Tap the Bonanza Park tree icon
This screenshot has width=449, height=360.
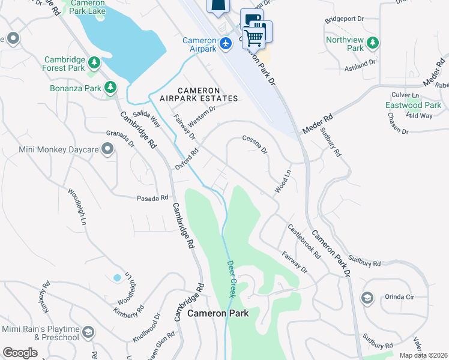(x=110, y=88)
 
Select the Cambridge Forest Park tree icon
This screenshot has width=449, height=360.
(x=94, y=62)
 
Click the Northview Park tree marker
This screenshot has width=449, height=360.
(x=373, y=43)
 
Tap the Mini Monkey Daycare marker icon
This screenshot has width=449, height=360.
(x=107, y=149)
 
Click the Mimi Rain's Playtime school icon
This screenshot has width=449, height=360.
(x=88, y=332)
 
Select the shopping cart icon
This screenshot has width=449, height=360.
(x=255, y=37)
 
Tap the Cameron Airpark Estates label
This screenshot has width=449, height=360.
(x=199, y=94)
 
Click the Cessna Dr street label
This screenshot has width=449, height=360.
(x=254, y=143)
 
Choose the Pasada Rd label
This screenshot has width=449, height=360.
(x=152, y=198)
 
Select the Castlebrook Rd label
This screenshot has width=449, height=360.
(x=304, y=241)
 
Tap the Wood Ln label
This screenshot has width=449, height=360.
(x=283, y=181)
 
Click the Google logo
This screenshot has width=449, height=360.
(x=20, y=352)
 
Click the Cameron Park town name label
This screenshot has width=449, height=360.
(x=217, y=313)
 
